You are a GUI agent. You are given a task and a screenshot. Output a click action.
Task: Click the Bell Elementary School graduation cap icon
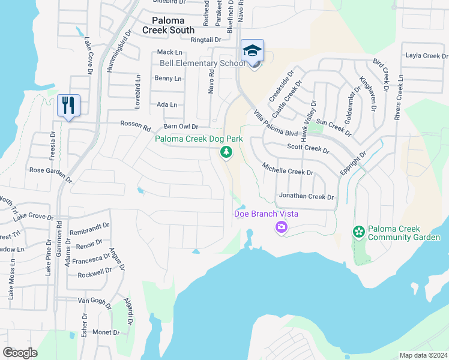pos(253,50)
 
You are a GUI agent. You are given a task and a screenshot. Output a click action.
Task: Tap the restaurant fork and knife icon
pos(68,106)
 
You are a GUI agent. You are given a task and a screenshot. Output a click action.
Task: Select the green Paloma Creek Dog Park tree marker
pos(226,153)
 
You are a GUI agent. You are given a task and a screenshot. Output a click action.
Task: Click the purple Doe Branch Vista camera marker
pos(281,227)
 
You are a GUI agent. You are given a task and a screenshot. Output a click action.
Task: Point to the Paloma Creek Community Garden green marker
pos(359,232)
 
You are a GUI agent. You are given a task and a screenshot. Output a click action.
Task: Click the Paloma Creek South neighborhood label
pos(168,25)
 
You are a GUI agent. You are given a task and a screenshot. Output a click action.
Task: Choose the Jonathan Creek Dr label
pos(306,197)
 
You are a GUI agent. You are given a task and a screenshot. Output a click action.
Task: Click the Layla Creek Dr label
pos(423,56)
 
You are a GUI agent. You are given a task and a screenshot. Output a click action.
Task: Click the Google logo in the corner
pos(20,352)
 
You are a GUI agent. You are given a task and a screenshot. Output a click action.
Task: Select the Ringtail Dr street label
pos(206,40)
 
